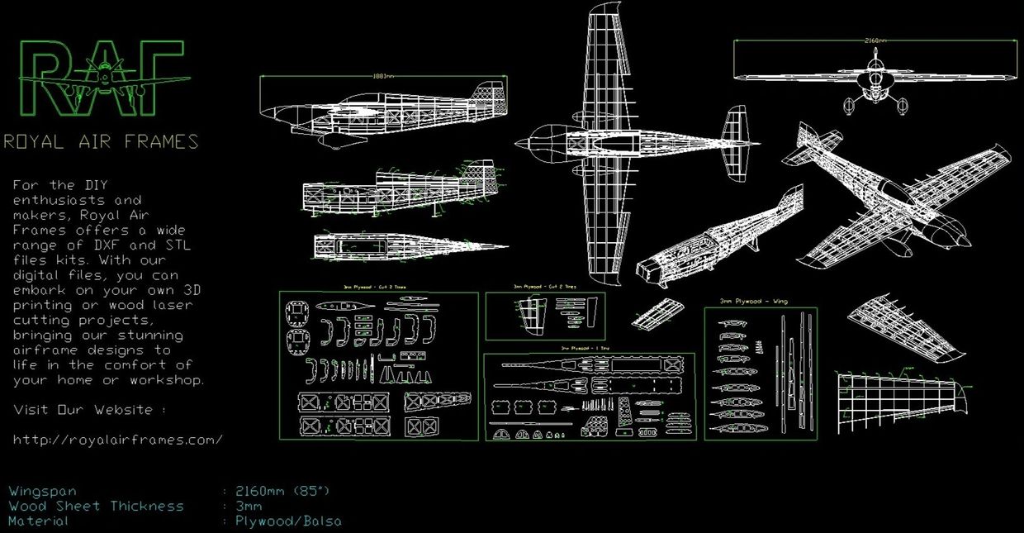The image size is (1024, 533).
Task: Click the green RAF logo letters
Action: tap(101, 79)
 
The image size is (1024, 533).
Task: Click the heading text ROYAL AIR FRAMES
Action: tap(101, 141)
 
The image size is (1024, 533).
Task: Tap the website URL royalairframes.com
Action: tap(118, 440)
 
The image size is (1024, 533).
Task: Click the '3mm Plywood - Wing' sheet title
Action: tap(753, 302)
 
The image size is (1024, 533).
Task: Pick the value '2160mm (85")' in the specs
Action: tap(282, 492)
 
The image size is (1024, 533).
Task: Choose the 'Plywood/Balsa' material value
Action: tap(287, 521)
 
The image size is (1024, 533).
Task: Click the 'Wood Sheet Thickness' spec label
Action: tap(96, 507)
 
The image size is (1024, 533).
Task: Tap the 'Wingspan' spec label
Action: tap(42, 492)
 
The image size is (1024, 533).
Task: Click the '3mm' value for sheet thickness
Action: tap(249, 507)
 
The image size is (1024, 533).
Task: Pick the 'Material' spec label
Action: tap(39, 521)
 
